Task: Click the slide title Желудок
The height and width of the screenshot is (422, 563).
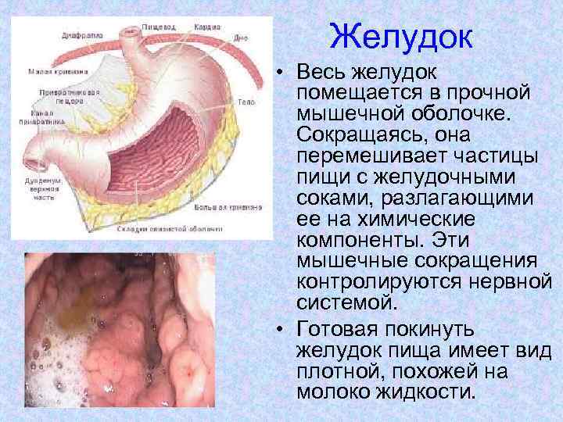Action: coord(401,38)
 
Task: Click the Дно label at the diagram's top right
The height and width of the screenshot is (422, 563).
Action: coord(240,37)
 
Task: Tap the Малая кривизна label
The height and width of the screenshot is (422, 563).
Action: coord(56,72)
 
